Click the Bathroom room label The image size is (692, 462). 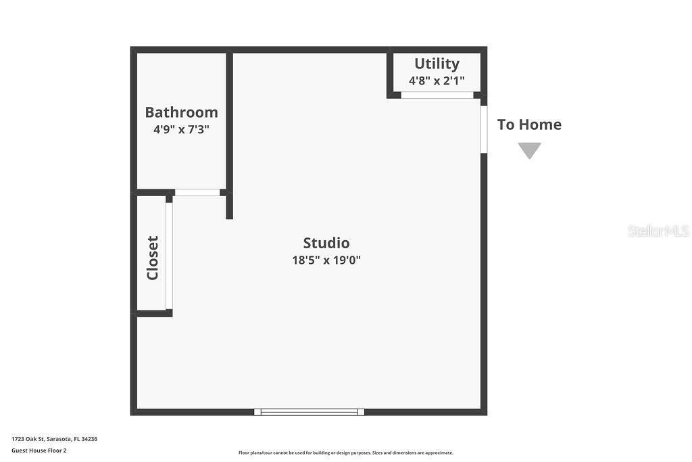pyautogui.click(x=181, y=112)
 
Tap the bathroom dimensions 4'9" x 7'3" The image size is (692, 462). pyautogui.click(x=181, y=129)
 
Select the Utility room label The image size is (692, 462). pyautogui.click(x=437, y=64)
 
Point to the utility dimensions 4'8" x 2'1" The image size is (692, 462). pyautogui.click(x=437, y=80)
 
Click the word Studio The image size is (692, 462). pyautogui.click(x=326, y=243)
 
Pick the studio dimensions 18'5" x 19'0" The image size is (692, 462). pyautogui.click(x=326, y=260)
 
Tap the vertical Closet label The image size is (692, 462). pyautogui.click(x=153, y=258)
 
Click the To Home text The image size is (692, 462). pyautogui.click(x=529, y=124)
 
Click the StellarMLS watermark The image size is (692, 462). pyautogui.click(x=658, y=231)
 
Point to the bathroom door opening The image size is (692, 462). pyautogui.click(x=197, y=193)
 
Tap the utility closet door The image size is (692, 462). pyautogui.click(x=437, y=95)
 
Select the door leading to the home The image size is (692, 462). pyautogui.click(x=484, y=129)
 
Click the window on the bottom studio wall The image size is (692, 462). pyautogui.click(x=309, y=412)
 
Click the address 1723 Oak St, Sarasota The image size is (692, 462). pyautogui.click(x=54, y=439)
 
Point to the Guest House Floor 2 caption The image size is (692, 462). pyautogui.click(x=39, y=451)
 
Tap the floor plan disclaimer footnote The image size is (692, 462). pyautogui.click(x=346, y=453)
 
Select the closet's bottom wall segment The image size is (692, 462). pyautogui.click(x=155, y=313)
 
